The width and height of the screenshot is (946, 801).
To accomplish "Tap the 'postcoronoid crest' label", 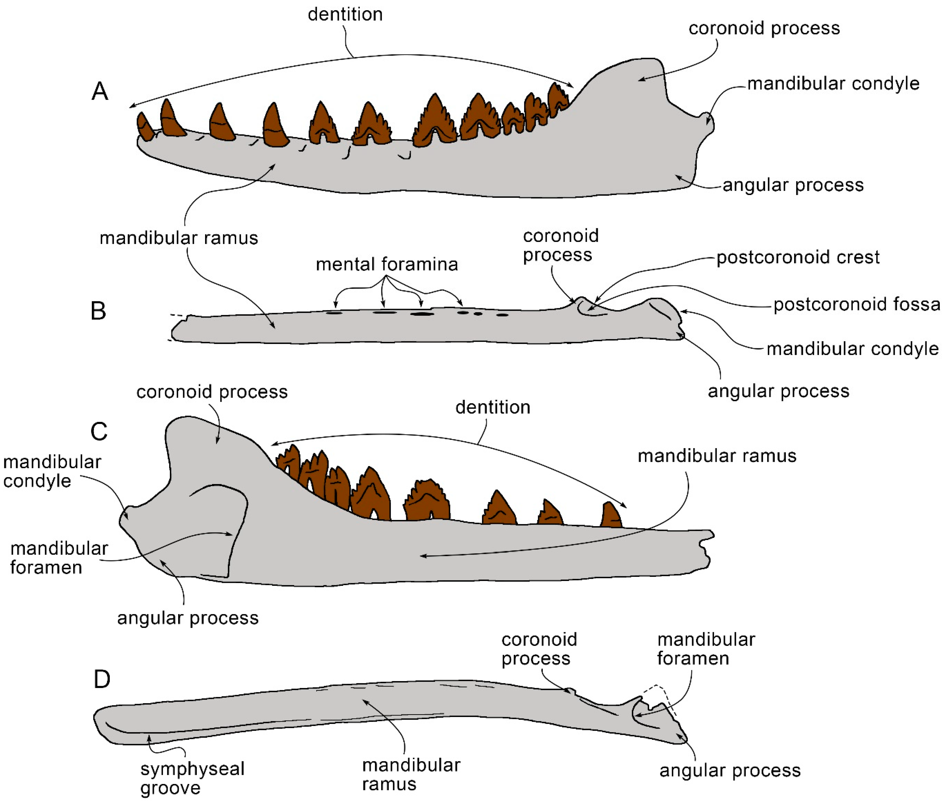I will click(x=798, y=257).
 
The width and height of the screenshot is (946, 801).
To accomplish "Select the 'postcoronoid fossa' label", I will click(x=856, y=304).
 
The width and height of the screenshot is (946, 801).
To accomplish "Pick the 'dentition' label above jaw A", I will click(x=345, y=14).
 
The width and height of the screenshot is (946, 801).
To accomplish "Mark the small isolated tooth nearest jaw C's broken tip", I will click(x=611, y=516).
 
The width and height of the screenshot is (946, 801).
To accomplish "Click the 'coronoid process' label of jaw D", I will click(x=539, y=649).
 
